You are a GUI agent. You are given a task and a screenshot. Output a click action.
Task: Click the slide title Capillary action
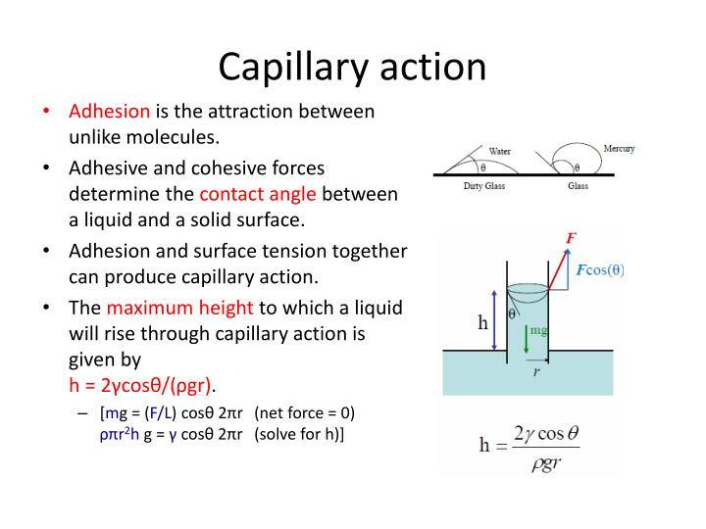pyautogui.click(x=352, y=66)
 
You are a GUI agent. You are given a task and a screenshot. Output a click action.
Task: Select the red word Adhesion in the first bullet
pyautogui.click(x=109, y=112)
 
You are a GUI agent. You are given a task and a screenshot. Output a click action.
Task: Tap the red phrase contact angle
pyautogui.click(x=259, y=194)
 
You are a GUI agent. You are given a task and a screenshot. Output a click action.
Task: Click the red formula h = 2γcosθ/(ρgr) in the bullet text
pyautogui.click(x=143, y=382)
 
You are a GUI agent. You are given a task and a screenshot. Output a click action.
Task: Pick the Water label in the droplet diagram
pyautogui.click(x=499, y=151)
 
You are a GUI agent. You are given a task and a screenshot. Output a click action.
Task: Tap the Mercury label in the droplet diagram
pyautogui.click(x=619, y=149)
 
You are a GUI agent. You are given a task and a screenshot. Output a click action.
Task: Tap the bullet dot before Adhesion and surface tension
pyautogui.click(x=47, y=251)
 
